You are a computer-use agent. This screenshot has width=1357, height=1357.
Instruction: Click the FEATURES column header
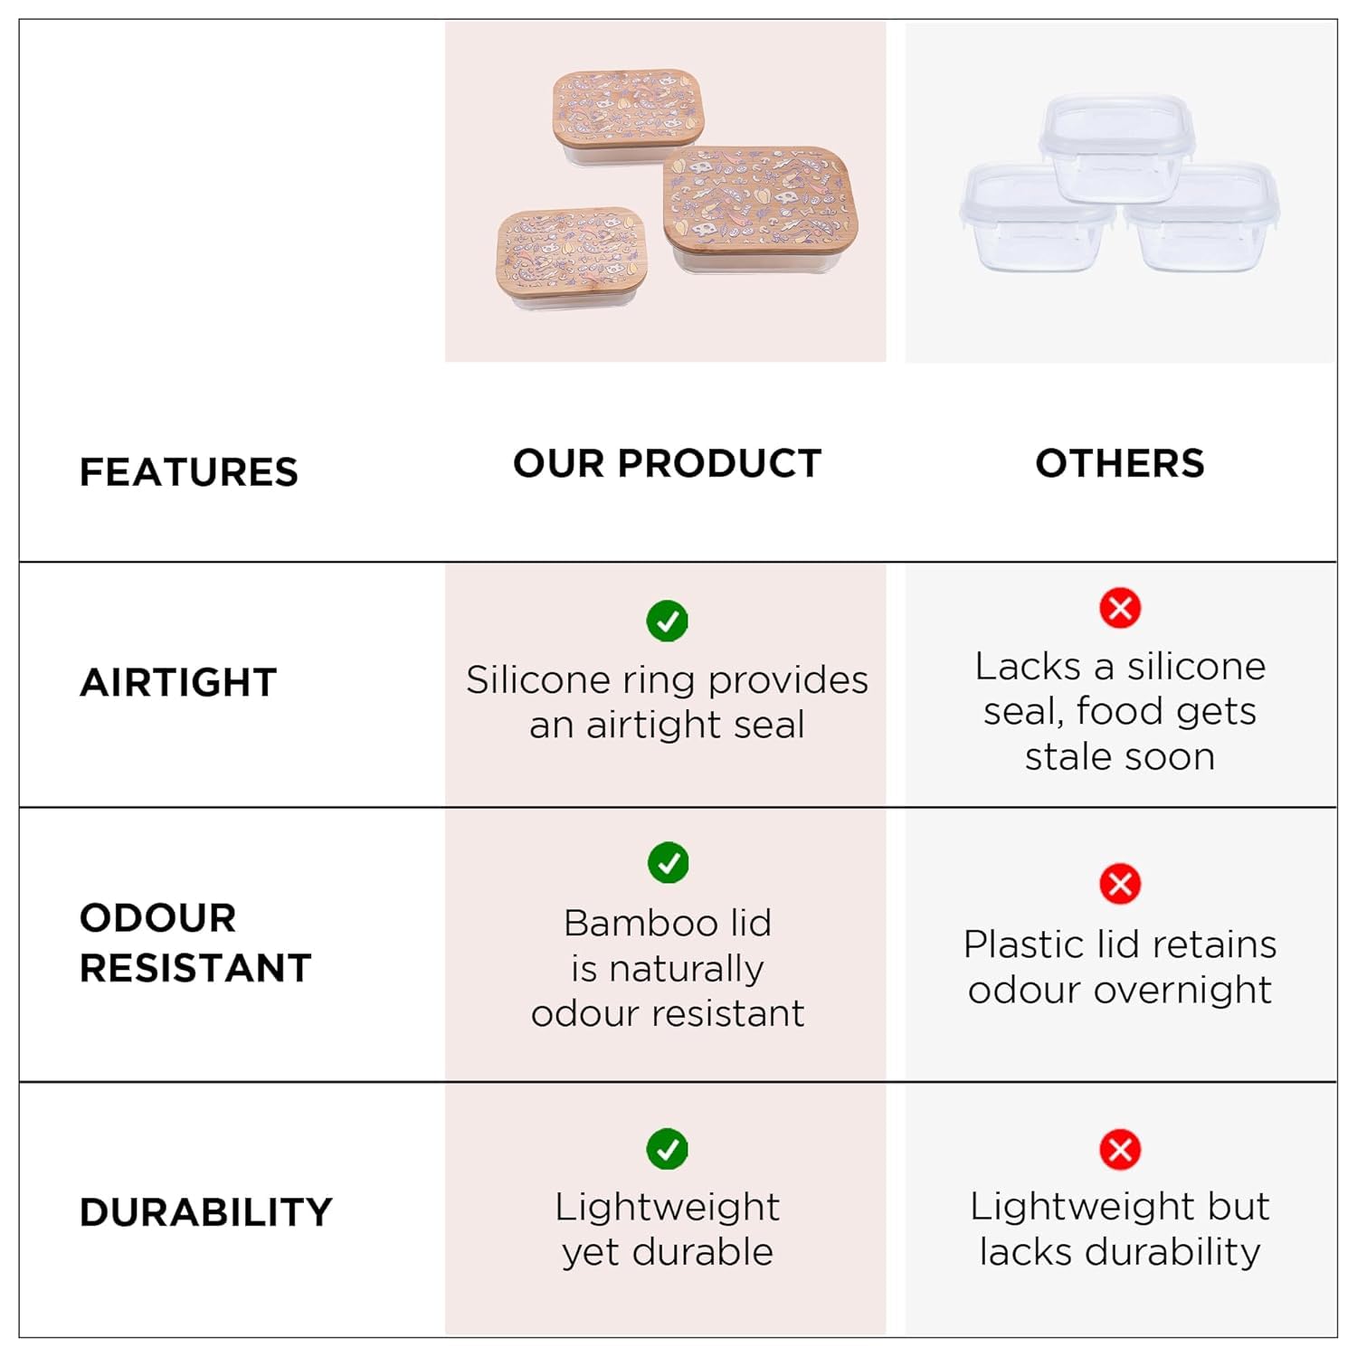click(188, 472)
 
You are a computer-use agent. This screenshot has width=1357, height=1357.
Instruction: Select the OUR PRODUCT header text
click(667, 463)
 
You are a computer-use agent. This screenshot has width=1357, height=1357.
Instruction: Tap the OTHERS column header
click(1120, 463)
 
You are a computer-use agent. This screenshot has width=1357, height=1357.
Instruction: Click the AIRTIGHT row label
click(178, 682)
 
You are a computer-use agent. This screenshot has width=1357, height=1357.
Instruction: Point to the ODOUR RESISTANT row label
click(195, 943)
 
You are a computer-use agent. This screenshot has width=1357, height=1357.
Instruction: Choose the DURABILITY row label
click(206, 1212)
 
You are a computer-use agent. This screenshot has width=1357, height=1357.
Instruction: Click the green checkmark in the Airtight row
click(668, 621)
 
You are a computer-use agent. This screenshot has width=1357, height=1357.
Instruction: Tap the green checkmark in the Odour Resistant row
click(668, 863)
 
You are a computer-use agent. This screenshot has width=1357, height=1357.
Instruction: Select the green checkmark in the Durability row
click(668, 1149)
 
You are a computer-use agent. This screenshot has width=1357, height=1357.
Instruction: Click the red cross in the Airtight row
click(1120, 608)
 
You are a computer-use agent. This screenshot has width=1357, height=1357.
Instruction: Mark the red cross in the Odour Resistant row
click(1120, 884)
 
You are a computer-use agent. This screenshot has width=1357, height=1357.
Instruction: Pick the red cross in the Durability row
click(1120, 1150)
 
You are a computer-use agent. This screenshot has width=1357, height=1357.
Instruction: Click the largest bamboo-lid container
click(760, 210)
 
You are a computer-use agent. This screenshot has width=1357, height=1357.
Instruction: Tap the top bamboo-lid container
click(629, 116)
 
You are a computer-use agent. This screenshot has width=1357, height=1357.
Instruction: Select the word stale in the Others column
click(1067, 756)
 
